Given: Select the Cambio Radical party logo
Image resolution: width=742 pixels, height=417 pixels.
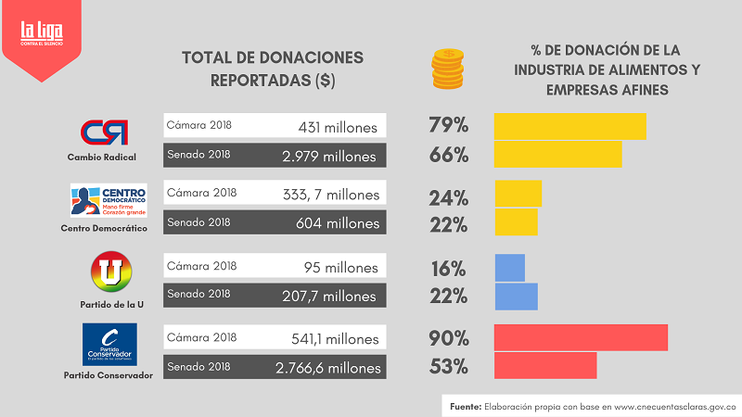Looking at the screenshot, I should coord(104,133).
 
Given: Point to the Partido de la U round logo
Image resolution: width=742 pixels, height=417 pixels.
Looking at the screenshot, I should coord(111,274).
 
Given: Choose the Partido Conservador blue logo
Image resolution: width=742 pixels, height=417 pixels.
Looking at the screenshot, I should coord(109,345).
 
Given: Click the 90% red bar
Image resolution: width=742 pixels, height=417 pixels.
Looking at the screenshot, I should coord(581,337).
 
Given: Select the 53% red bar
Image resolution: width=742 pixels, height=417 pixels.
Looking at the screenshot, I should coord(545,366).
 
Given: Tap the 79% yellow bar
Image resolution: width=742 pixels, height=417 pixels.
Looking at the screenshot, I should coord(569,125).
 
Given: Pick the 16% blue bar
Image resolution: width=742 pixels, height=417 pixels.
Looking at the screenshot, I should coord(509,268).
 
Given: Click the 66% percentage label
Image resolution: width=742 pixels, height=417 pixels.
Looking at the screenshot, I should coord(448,155).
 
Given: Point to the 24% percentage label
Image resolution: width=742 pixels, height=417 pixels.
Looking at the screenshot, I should coord(448,196).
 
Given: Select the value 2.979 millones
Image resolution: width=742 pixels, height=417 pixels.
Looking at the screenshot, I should coord(329,156).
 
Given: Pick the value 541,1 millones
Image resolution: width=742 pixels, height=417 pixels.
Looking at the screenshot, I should coord(332,339).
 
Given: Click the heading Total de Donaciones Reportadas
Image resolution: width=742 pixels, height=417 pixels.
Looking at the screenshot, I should coord(273,69).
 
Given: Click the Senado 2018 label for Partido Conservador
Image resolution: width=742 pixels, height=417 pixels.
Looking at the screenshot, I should coord(198,367).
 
